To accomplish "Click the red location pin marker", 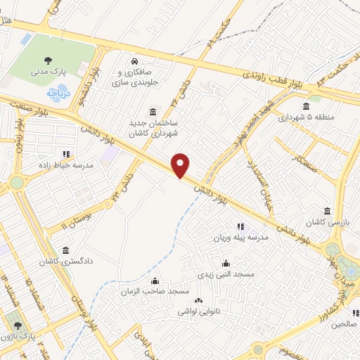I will pyautogui.click(x=181, y=166).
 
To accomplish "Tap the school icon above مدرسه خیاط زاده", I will pyautogui.click(x=66, y=154).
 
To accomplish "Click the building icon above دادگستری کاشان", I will pyautogui.click(x=65, y=250).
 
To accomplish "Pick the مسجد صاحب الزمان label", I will pyautogui.click(x=155, y=291).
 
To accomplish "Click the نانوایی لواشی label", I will pyautogui.click(x=198, y=309).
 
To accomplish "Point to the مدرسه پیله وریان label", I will pyautogui.click(x=240, y=238).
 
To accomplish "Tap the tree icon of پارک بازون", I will pyautogui.click(x=18, y=327).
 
